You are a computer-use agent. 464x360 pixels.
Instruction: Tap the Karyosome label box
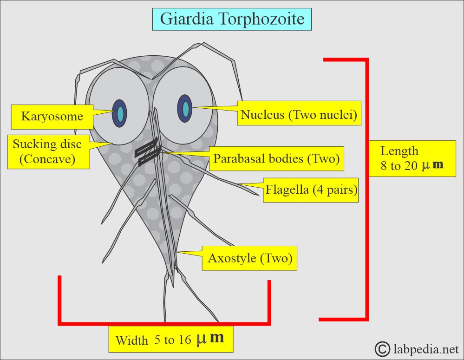pos(52,116)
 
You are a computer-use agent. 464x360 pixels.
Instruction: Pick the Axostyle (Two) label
pos(250,259)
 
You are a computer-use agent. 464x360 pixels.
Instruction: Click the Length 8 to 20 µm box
pos(412,158)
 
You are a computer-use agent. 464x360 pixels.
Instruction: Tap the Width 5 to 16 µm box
pos(170,339)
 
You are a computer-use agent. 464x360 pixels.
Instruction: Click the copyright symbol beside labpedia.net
pos(382,348)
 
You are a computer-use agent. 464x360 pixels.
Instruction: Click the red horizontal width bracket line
pos(164,323)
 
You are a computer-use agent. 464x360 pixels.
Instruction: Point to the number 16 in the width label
pos(184,340)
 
